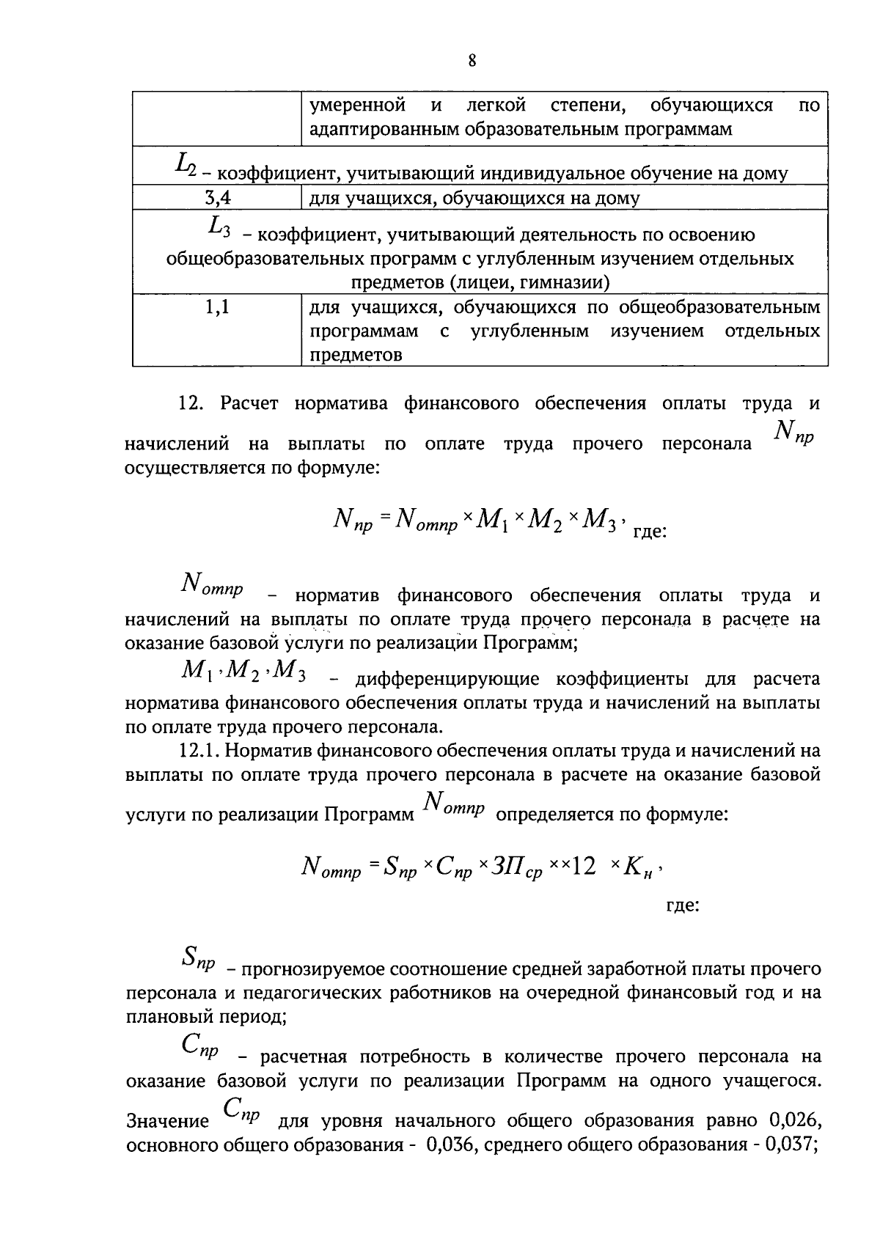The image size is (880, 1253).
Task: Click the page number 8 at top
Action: (472, 61)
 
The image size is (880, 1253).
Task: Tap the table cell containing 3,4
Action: (216, 197)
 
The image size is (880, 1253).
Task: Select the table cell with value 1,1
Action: (216, 307)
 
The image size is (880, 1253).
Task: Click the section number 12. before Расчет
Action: (192, 403)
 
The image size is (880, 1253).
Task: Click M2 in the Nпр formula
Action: (544, 522)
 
